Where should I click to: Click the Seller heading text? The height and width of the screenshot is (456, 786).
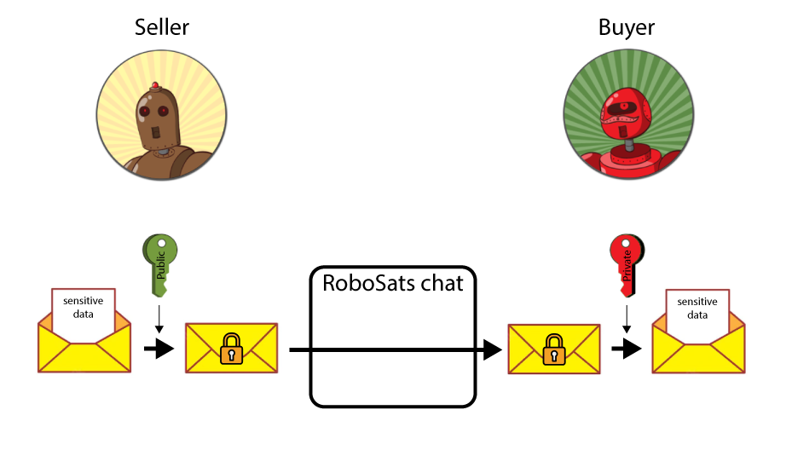(x=162, y=27)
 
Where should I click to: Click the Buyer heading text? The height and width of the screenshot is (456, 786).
(x=627, y=27)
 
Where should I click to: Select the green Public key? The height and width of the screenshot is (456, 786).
(x=159, y=260)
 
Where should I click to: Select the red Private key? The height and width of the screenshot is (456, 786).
(x=627, y=261)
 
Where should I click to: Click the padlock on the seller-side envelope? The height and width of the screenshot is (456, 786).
(x=230, y=349)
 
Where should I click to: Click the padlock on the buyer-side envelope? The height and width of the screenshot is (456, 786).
(x=554, y=349)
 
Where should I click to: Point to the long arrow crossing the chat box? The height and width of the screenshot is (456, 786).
(x=392, y=349)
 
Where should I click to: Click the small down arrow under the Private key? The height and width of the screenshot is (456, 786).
(x=627, y=320)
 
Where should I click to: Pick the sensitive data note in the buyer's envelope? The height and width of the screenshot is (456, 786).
(x=696, y=308)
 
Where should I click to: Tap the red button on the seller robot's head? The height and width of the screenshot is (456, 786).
(x=155, y=85)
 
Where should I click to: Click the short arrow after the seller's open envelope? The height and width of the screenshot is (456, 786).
(x=159, y=349)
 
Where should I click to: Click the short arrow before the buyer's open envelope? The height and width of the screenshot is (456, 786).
(x=627, y=349)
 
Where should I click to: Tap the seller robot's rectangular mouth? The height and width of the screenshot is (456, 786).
(x=157, y=132)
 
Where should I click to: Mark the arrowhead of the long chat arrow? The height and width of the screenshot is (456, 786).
(x=491, y=349)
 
